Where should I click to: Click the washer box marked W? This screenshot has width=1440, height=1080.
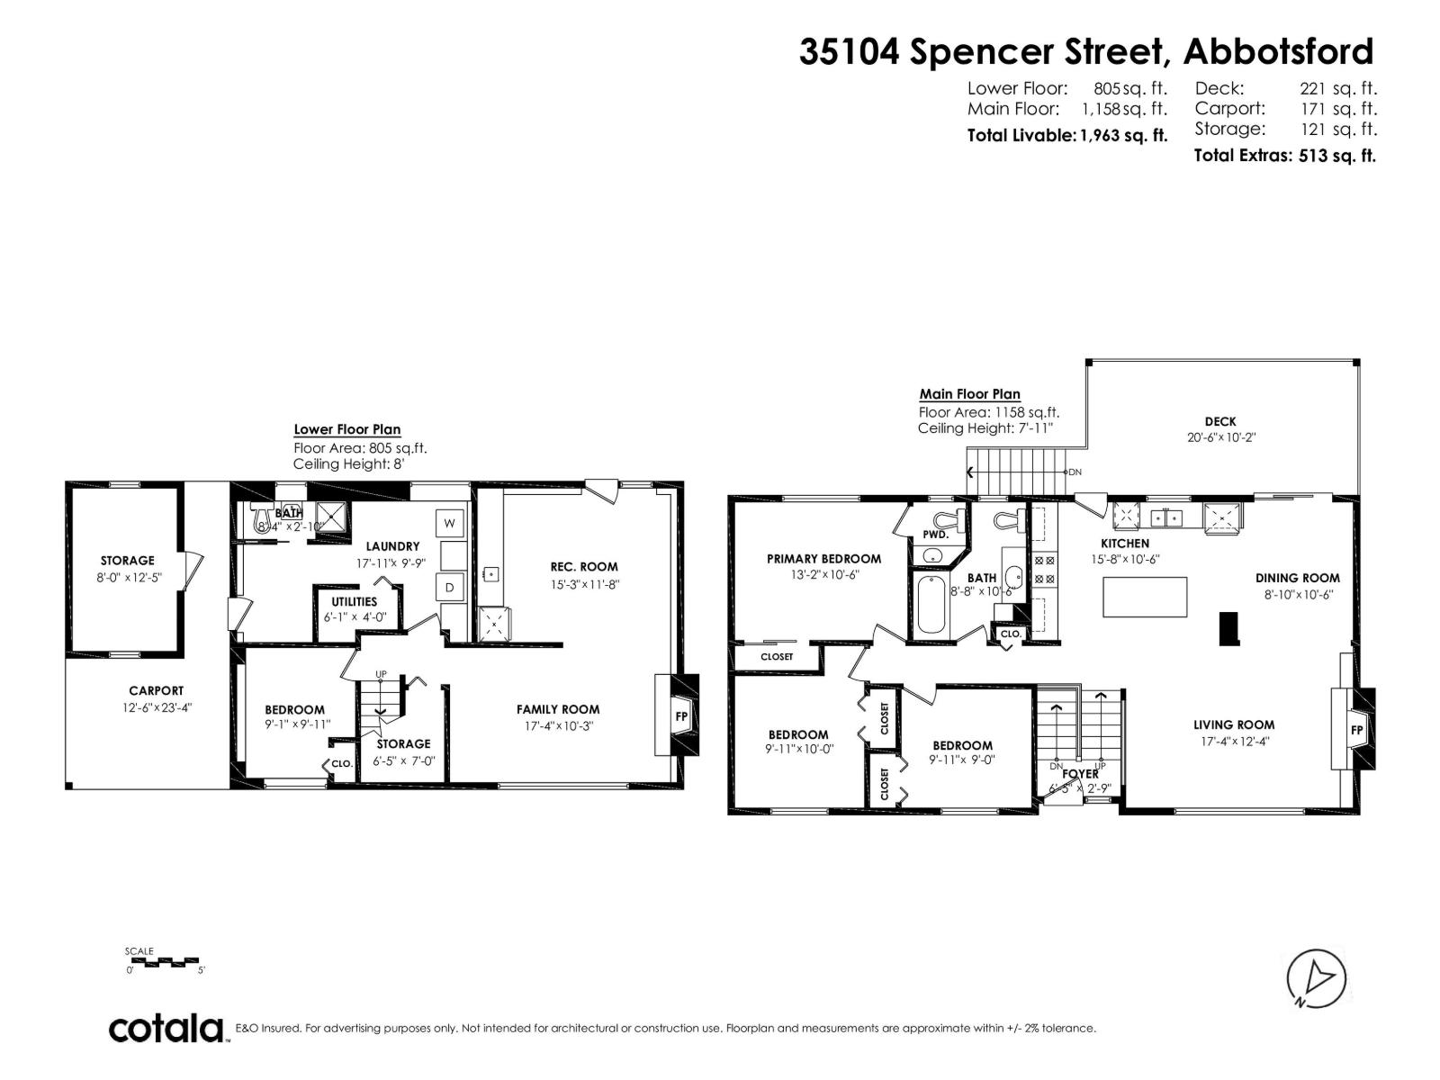tap(450, 523)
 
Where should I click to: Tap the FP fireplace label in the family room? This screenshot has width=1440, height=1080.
tap(681, 716)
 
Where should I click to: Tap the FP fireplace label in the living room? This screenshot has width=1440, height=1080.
tap(1356, 729)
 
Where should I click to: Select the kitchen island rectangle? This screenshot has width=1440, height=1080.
tap(1145, 597)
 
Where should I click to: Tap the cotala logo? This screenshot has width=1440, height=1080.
tap(166, 1028)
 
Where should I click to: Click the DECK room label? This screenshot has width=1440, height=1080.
tap(1219, 421)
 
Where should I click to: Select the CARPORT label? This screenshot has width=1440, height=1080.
tap(156, 691)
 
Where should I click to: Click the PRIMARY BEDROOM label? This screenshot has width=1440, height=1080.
tap(823, 559)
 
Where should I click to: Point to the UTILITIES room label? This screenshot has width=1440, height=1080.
tap(354, 602)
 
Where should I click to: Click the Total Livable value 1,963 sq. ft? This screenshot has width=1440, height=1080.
tap(1123, 136)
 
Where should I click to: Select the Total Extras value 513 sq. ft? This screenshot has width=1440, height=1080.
tap(1337, 156)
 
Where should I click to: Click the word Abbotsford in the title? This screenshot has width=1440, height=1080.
tap(1278, 51)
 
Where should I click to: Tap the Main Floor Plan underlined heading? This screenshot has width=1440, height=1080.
tap(969, 394)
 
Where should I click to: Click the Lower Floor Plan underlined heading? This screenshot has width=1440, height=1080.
tap(346, 430)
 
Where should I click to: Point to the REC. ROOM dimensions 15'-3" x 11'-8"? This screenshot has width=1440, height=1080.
tap(584, 584)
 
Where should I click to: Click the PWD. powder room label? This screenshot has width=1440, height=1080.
tap(935, 535)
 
